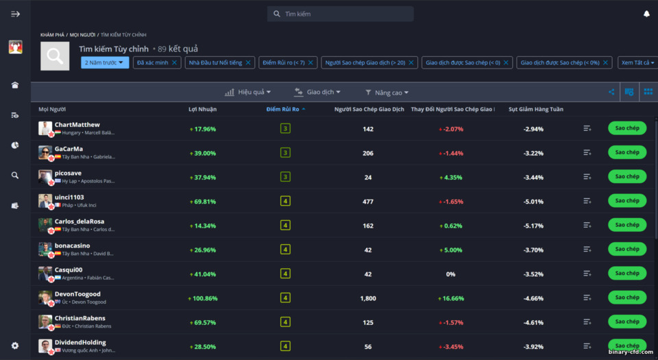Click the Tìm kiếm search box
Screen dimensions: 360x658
(x=340, y=14)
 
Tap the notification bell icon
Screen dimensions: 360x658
(x=646, y=14)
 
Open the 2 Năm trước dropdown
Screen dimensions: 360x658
(x=105, y=62)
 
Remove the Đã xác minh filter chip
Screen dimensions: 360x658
(x=174, y=62)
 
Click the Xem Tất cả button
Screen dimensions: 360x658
(x=636, y=62)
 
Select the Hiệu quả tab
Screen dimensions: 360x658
(x=248, y=92)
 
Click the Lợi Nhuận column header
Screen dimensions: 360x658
(x=202, y=109)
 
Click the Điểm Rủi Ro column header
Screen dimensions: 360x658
(x=284, y=109)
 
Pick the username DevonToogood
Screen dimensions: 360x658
(x=77, y=294)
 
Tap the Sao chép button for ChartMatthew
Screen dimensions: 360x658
(x=626, y=128)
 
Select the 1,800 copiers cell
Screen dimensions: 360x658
(x=368, y=298)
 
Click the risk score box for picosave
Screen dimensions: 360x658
(x=285, y=177)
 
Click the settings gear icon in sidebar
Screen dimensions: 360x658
(x=15, y=346)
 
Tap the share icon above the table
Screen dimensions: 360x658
(x=611, y=92)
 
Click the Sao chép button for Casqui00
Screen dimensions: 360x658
(x=626, y=273)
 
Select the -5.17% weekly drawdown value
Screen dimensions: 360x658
(x=533, y=226)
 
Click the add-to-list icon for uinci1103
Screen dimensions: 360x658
(x=587, y=201)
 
